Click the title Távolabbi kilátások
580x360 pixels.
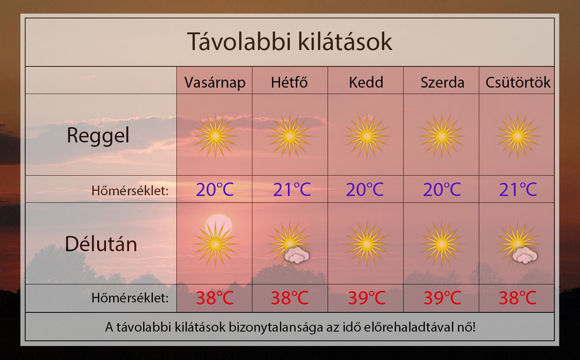[x=290, y=42]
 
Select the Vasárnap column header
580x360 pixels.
[x=215, y=83]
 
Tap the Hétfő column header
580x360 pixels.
[x=289, y=82]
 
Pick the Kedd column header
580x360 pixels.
[x=366, y=82]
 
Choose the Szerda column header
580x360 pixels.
[x=442, y=82]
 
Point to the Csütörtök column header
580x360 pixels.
[x=518, y=82]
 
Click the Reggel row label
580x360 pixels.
[x=98, y=136]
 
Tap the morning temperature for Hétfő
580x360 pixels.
[x=292, y=189]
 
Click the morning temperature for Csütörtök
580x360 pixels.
[x=518, y=189]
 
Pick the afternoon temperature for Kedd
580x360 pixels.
[x=367, y=298]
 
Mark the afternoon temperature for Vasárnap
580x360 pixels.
[x=215, y=298]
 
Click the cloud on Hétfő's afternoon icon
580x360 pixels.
[x=297, y=255]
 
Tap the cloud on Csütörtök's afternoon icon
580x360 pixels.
[x=525, y=255]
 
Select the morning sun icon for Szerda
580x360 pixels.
[x=442, y=136]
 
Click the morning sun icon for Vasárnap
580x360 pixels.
[x=215, y=136]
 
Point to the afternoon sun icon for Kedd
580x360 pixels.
[x=367, y=244]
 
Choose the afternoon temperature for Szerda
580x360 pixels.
[x=442, y=298]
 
